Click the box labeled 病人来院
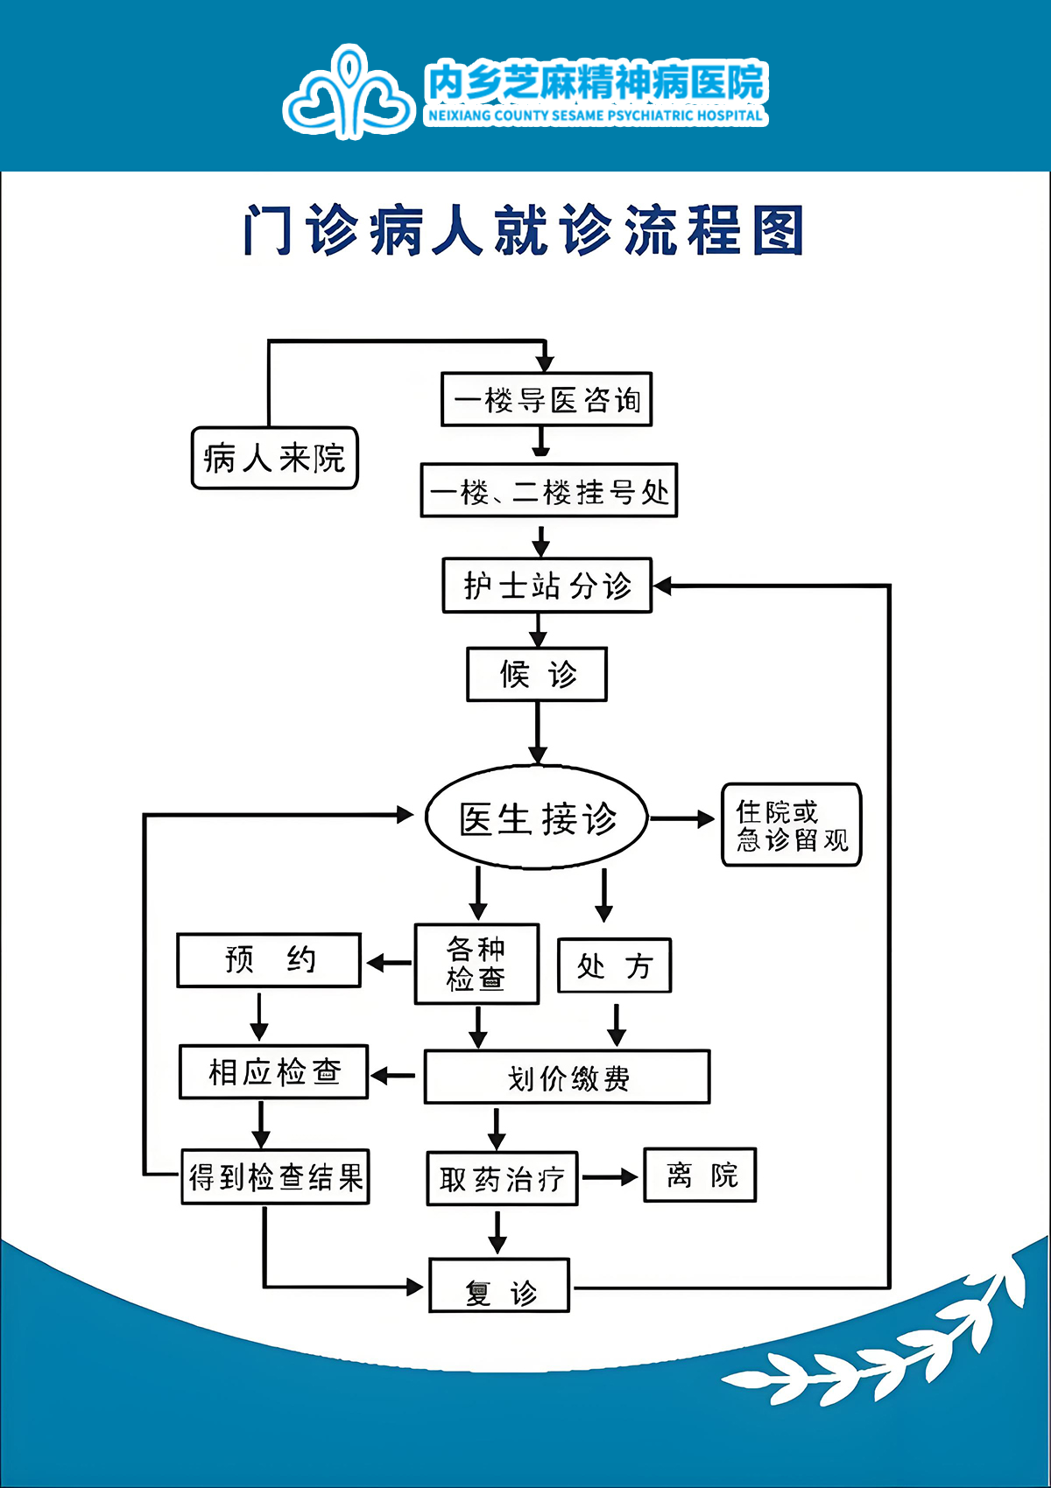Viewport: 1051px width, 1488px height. pos(275,458)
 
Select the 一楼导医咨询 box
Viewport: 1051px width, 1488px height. pos(547,400)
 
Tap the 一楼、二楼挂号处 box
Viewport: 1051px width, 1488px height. pos(549,491)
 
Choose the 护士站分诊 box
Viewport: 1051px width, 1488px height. pos(547,586)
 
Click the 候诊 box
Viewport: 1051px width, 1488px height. pos(537,674)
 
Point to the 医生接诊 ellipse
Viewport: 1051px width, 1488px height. pos(537,818)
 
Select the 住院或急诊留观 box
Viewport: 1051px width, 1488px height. pos(791,825)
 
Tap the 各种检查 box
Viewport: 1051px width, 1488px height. pos(476,964)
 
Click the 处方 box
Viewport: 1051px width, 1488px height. pos(615,965)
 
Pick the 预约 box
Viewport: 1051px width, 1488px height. pos(269,960)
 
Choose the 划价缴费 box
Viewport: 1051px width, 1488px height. pos(567,1077)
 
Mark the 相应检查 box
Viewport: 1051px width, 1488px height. pos(274,1071)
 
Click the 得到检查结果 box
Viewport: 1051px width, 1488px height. pos(275,1177)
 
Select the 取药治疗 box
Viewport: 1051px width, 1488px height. pos(502,1179)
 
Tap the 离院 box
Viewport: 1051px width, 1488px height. pos(700,1176)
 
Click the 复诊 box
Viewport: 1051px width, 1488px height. pos(499,1286)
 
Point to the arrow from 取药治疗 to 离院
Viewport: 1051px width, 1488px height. pos(610,1178)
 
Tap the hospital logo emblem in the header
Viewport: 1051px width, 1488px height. pos(349,91)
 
